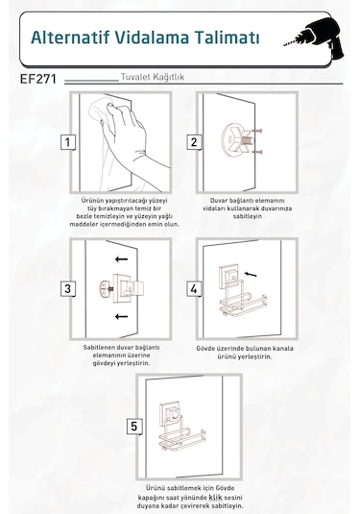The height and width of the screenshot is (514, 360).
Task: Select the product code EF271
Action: pyautogui.click(x=38, y=79)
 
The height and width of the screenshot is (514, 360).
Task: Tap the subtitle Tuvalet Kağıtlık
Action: pyautogui.click(x=153, y=77)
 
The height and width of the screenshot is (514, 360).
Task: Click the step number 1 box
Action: pyautogui.click(x=68, y=142)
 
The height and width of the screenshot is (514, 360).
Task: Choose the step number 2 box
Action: pyautogui.click(x=194, y=142)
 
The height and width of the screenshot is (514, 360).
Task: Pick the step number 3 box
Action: pyautogui.click(x=68, y=289)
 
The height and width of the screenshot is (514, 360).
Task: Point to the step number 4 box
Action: pyautogui.click(x=194, y=289)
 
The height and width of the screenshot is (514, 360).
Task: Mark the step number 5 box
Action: pyautogui.click(x=134, y=427)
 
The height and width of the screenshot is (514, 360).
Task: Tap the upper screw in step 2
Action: pyautogui.click(x=257, y=132)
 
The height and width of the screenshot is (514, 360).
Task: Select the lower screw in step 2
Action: pyautogui.click(x=257, y=152)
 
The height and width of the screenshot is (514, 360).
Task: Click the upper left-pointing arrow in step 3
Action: pyautogui.click(x=121, y=259)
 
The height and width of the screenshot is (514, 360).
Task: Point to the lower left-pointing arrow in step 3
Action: pyautogui.click(x=121, y=316)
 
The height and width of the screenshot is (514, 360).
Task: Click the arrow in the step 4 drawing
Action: pyautogui.click(x=251, y=274)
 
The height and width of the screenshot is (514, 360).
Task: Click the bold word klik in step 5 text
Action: pyautogui.click(x=215, y=497)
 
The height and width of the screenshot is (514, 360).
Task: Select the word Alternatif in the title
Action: pyautogui.click(x=70, y=37)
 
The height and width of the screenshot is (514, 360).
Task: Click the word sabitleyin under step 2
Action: pyautogui.click(x=248, y=216)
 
